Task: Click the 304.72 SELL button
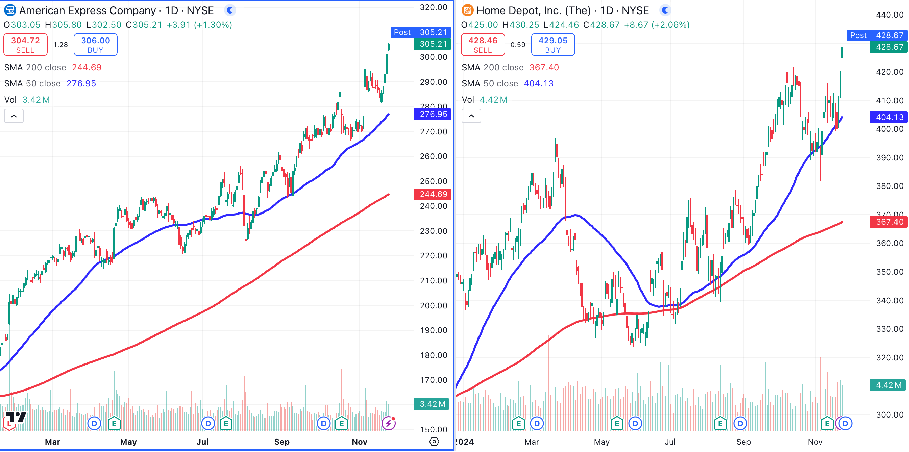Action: pos(25,45)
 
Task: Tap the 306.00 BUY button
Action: pos(95,45)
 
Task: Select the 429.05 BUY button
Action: pos(552,45)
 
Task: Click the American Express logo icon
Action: pos(10,10)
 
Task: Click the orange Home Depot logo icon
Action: pos(467,10)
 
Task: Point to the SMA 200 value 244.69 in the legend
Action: pos(87,67)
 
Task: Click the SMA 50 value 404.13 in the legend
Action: pos(539,83)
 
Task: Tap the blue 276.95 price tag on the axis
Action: pos(433,114)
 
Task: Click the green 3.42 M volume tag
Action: pos(432,404)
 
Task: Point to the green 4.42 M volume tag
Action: pos(888,385)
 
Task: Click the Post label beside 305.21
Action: pos(402,32)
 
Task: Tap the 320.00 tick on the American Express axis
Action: pos(433,7)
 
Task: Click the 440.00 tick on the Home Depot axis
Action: pos(889,15)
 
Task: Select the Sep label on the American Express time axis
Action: pos(281,442)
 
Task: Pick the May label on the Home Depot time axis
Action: pos(601,442)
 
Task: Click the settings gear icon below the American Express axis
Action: pos(434,442)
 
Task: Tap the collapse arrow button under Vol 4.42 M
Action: pos(471,116)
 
